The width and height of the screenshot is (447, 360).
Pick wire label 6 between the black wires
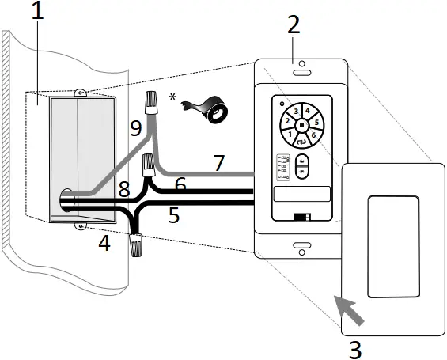click(x=180, y=184)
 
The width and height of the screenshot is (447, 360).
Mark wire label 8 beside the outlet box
click(x=124, y=190)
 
